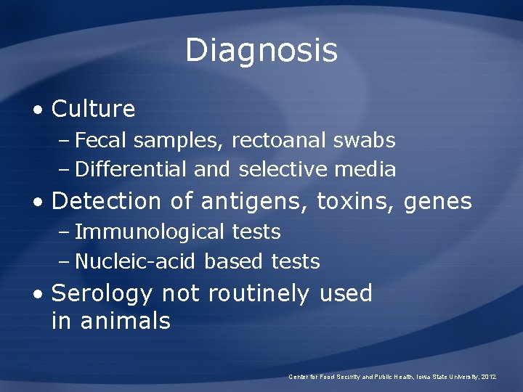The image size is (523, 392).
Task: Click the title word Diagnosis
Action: click(x=261, y=51)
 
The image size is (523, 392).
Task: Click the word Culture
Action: click(x=94, y=109)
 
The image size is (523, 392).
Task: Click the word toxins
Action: click(x=353, y=200)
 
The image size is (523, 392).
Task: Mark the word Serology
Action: click(x=102, y=294)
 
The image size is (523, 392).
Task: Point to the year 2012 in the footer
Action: click(x=488, y=377)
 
